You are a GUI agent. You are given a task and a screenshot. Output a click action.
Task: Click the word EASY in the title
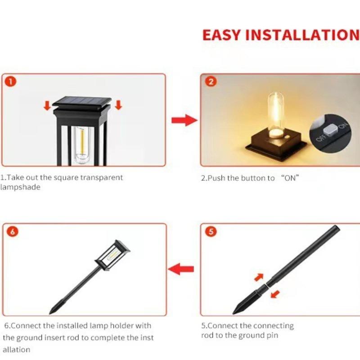click(222, 35)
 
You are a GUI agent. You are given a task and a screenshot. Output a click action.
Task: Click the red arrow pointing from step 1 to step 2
click(184, 120)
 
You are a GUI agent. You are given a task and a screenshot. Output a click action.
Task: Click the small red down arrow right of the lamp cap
click(118, 105)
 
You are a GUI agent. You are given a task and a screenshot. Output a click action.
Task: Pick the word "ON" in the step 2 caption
click(290, 178)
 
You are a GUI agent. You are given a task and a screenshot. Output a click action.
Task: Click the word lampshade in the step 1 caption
click(20, 187)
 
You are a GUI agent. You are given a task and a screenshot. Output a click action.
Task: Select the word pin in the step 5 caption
click(273, 335)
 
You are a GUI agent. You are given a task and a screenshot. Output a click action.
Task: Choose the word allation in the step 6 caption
click(17, 349)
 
